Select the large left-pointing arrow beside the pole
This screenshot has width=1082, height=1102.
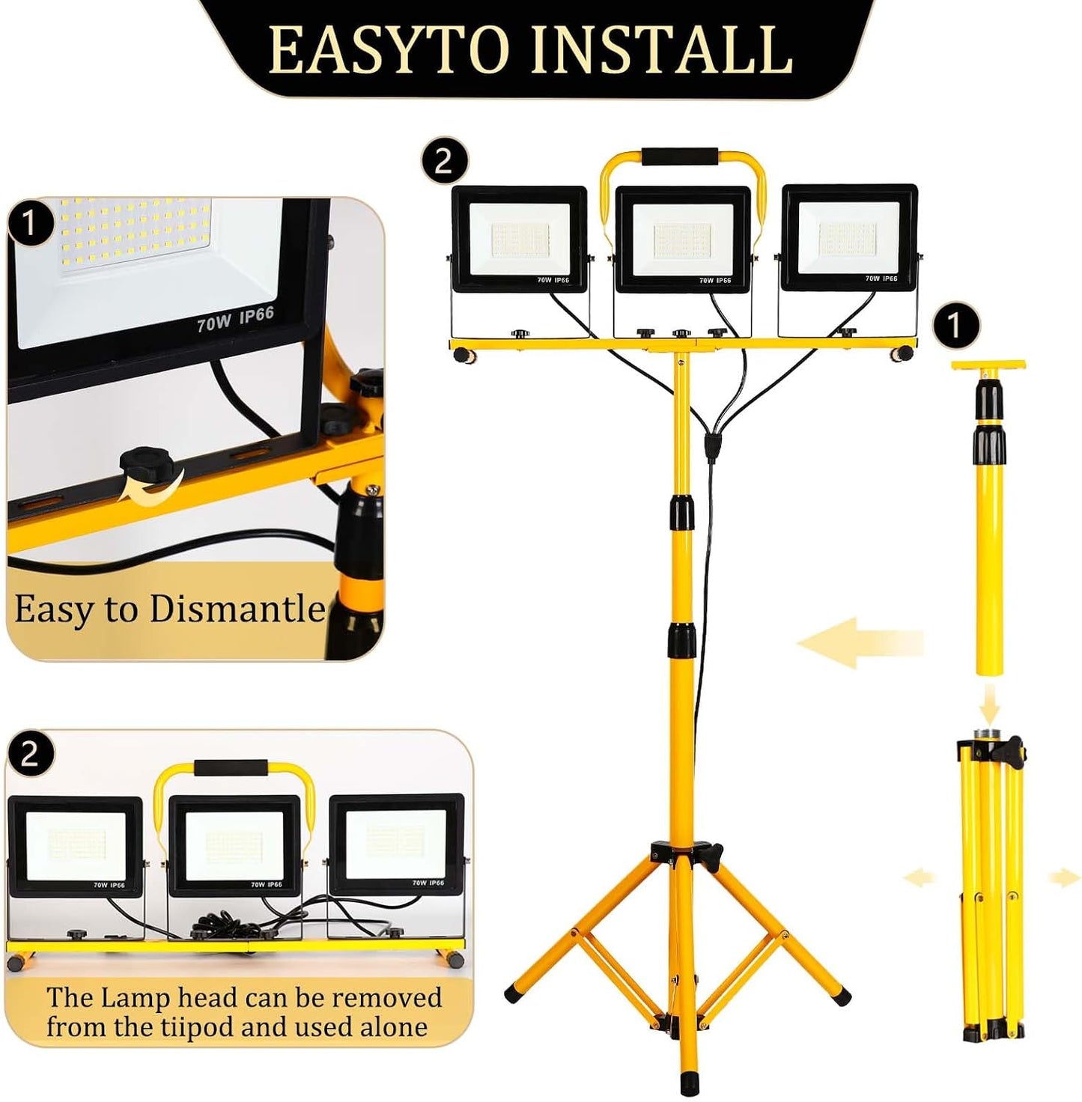click(x=860, y=643)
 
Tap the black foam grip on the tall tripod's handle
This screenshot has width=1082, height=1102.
click(x=679, y=156)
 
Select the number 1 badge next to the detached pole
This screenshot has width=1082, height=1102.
click(x=955, y=326)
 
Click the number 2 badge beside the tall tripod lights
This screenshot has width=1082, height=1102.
click(x=444, y=162)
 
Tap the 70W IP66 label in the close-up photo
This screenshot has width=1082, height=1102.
click(x=236, y=319)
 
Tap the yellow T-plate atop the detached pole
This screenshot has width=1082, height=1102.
click(x=988, y=365)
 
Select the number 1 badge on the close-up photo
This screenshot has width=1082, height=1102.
click(x=30, y=224)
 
